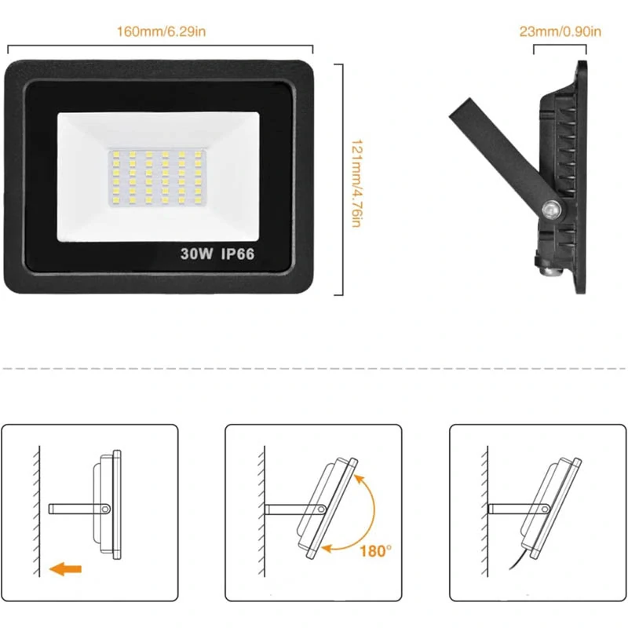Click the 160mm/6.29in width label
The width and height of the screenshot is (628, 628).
[161, 31]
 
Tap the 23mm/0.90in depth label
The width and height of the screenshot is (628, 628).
[560, 31]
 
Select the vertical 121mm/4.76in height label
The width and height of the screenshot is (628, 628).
[356, 184]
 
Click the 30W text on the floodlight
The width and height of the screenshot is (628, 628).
[196, 254]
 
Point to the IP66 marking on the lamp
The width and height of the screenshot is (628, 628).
[238, 254]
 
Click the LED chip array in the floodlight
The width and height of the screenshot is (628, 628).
[157, 177]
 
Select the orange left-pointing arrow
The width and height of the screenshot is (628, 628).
[65, 568]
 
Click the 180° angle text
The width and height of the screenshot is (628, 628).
[375, 552]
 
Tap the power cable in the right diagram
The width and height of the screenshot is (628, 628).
[520, 558]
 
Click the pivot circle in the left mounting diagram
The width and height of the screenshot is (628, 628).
[105, 509]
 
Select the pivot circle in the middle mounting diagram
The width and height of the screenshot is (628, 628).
[322, 509]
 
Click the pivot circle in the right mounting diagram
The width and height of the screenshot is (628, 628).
[545, 509]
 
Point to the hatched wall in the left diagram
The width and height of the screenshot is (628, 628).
[37, 511]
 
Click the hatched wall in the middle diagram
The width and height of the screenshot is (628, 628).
[261, 511]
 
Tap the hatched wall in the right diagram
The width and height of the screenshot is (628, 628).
[484, 511]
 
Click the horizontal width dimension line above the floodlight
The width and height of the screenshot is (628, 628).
[160, 46]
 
